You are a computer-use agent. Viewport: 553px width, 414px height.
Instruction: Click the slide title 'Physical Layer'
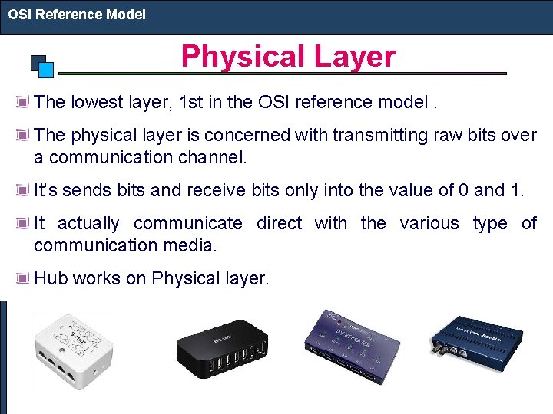[x=288, y=57]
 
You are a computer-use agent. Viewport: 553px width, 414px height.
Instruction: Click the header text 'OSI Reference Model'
[x=77, y=14]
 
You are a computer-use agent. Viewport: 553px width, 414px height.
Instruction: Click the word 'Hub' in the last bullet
[x=51, y=278]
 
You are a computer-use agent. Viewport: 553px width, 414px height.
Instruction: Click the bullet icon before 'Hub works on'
[x=24, y=278]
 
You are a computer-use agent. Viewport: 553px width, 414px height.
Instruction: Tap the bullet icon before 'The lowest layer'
[x=24, y=101]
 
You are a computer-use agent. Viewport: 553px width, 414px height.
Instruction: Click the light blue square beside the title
[x=46, y=70]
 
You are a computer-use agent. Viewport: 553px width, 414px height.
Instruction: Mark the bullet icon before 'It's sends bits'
[x=24, y=190]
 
